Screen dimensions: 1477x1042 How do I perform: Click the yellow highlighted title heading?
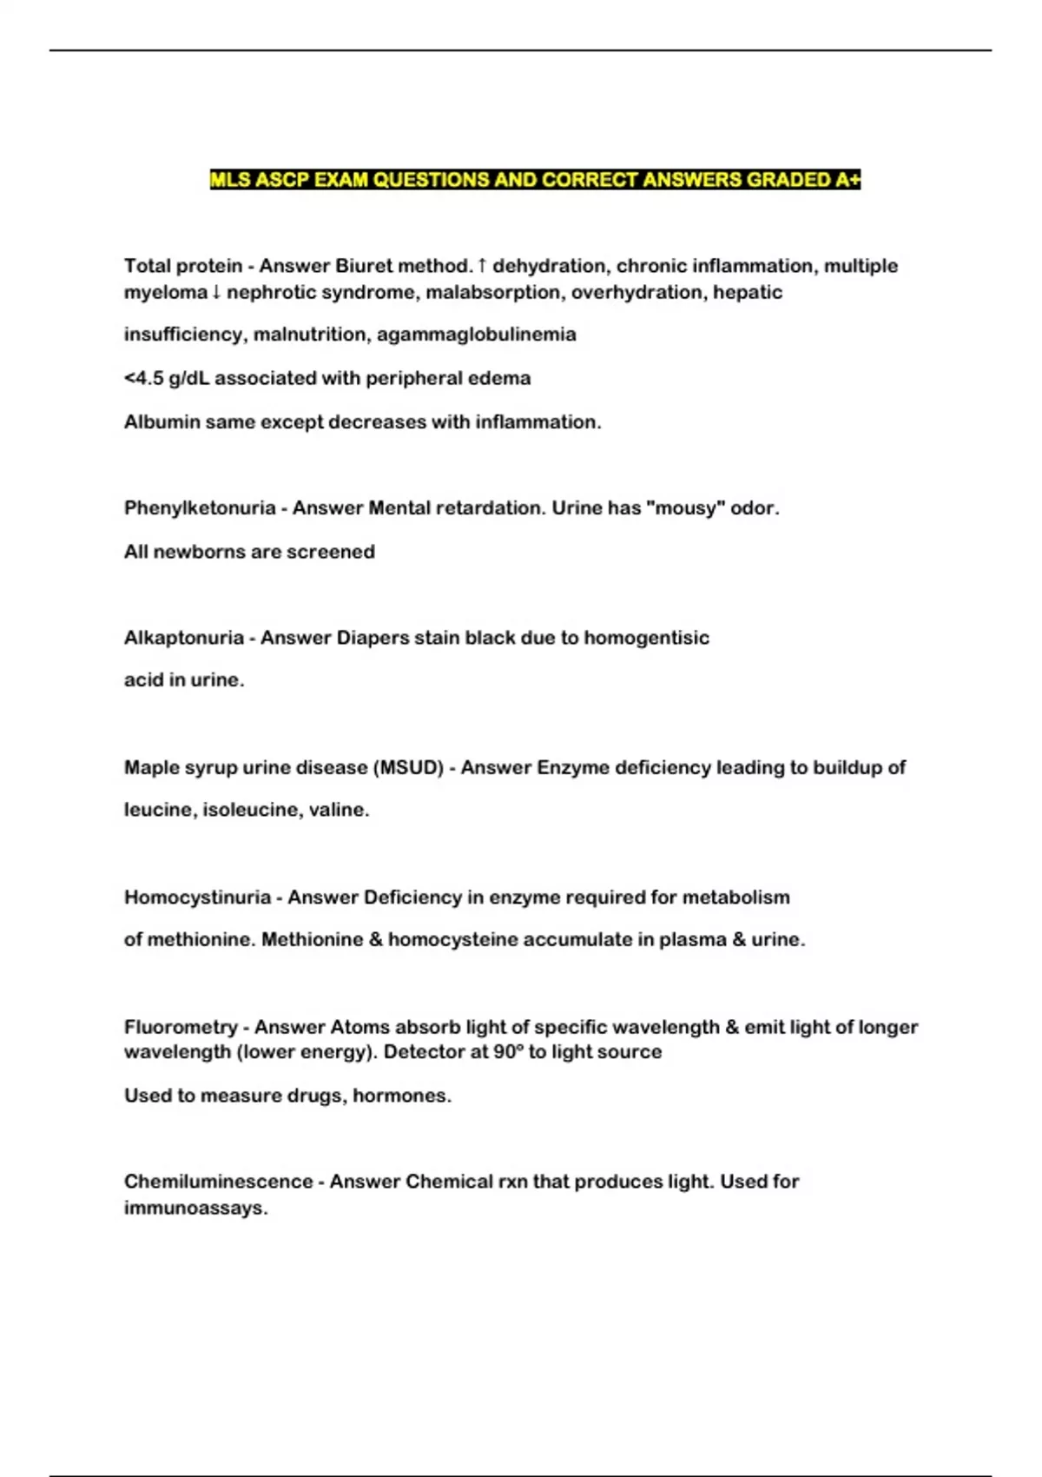[535, 180]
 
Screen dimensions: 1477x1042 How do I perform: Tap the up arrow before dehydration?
[483, 266]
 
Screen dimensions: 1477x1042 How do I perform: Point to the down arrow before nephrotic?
[216, 293]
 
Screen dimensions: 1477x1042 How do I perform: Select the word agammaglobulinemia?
[476, 334]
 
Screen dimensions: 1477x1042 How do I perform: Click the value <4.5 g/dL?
[167, 379]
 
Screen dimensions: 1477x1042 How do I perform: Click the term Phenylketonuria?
[200, 508]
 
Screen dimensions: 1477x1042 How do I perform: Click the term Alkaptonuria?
[184, 638]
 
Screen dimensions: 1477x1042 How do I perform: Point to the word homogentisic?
[646, 638]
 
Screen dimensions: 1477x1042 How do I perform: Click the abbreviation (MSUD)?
[407, 768]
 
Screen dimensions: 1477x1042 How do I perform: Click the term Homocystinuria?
[197, 897]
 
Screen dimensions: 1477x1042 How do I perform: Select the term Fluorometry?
[181, 1028]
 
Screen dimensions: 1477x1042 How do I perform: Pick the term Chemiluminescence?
[218, 1182]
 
